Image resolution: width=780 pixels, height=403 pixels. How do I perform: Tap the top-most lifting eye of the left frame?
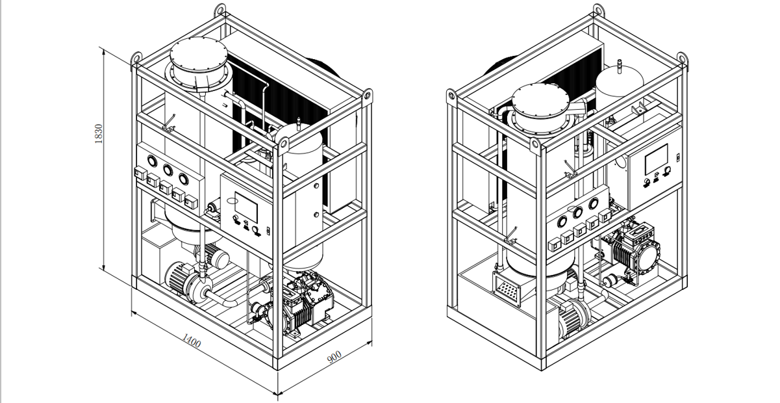(220, 11)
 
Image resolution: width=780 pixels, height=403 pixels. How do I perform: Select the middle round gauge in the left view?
(168, 170)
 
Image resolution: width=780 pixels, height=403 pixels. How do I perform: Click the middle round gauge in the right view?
(577, 211)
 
